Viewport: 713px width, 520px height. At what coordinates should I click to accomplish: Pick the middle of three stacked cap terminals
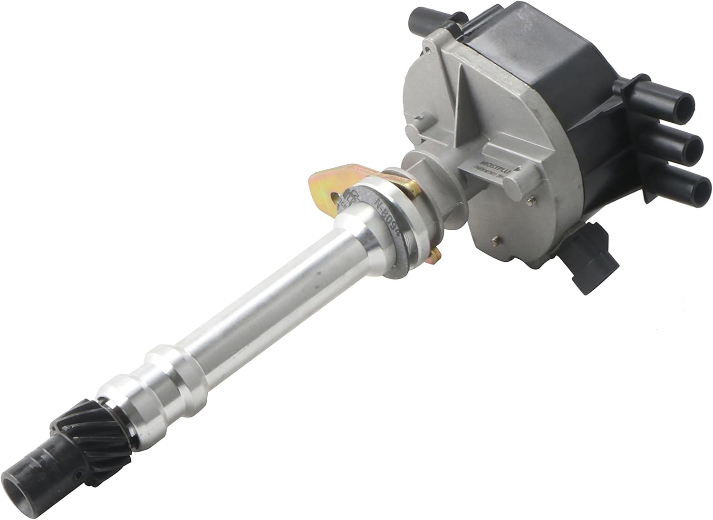(685, 148)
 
